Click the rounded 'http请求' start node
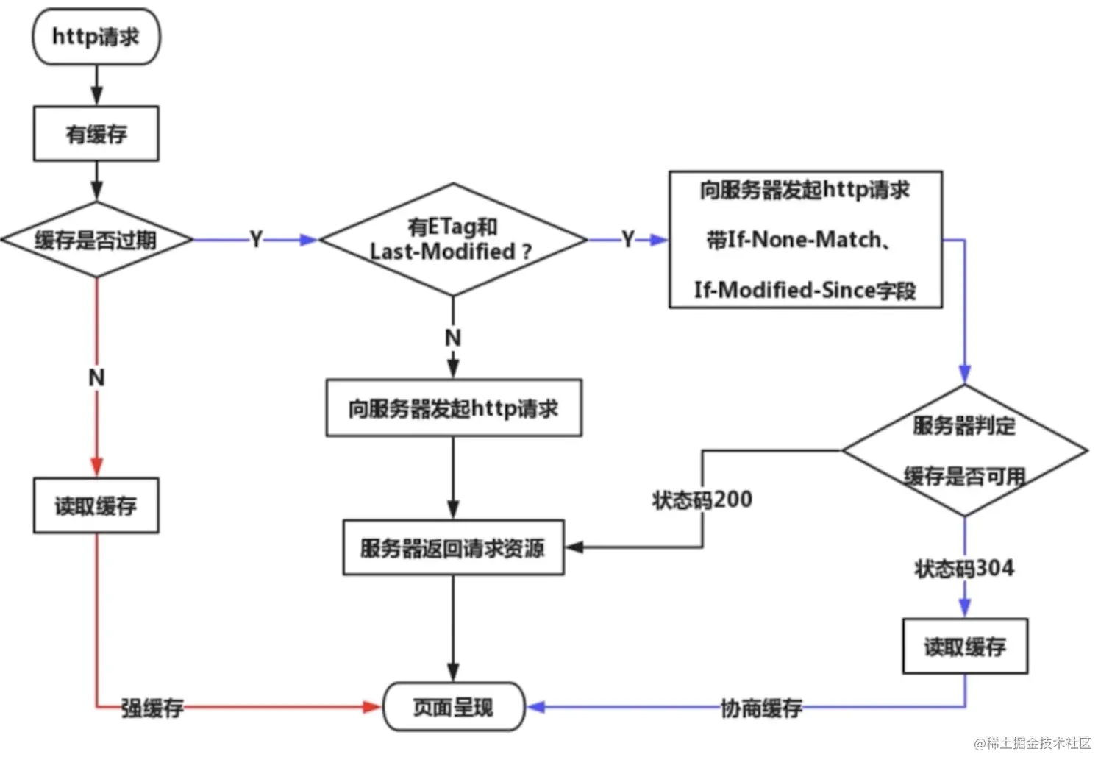(x=96, y=37)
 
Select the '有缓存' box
(x=96, y=134)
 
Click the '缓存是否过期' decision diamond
(x=96, y=239)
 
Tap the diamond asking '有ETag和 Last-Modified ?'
(x=452, y=240)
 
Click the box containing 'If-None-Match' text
(x=805, y=240)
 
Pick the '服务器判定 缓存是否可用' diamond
(x=964, y=450)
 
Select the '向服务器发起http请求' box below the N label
(x=453, y=408)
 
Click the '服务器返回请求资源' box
(x=453, y=548)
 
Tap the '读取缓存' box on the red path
(x=96, y=505)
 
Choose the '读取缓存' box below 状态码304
(x=964, y=647)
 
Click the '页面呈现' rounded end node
(x=453, y=707)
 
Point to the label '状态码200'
(x=702, y=500)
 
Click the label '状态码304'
(x=963, y=568)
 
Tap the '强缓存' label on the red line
(x=152, y=708)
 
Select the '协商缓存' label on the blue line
(x=761, y=708)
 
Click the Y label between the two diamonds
(x=256, y=239)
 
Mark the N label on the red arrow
(x=96, y=377)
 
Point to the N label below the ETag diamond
(x=453, y=338)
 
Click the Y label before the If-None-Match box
(x=627, y=239)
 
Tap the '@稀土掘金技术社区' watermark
(x=1033, y=743)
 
